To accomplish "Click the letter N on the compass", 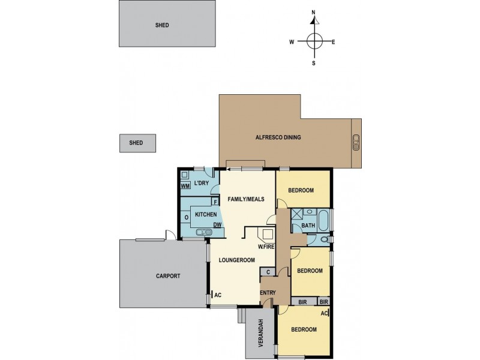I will coord(313,12).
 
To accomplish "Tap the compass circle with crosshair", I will coord(314,41).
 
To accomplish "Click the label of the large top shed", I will coord(161,25).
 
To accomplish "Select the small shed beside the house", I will coord(136,143).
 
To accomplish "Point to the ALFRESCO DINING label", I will coord(278,137).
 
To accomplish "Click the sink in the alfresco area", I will coord(356,142).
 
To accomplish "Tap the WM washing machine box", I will coord(185,186).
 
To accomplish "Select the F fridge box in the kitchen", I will coord(215,202).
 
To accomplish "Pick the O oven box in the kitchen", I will coord(186,217).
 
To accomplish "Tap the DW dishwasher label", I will coord(217,225).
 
